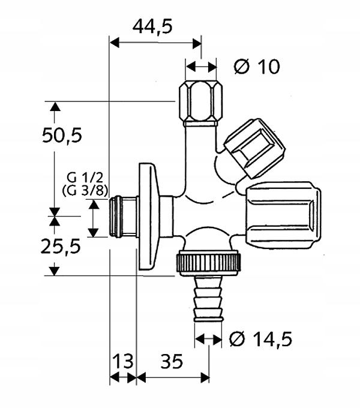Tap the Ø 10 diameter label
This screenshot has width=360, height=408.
[x=257, y=67]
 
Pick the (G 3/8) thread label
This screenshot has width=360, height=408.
[x=84, y=190]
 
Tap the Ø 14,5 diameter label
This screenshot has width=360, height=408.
[x=261, y=339]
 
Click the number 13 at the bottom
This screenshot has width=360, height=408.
[x=122, y=361]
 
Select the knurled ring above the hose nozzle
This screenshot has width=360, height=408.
[x=208, y=262]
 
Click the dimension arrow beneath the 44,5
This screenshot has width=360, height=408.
[x=155, y=43]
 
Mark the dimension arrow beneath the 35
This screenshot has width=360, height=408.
[x=173, y=377]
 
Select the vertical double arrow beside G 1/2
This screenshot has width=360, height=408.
[x=93, y=218]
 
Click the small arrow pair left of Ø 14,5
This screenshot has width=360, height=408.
[x=208, y=339]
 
